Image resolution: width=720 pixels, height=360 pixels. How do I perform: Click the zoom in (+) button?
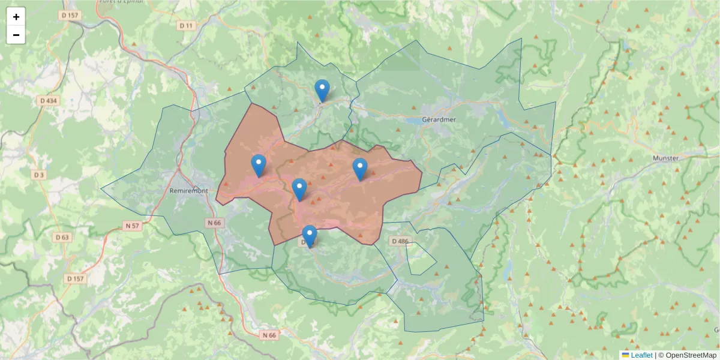16,17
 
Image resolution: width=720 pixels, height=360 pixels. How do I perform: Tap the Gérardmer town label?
439,119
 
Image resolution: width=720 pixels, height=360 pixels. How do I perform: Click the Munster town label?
665,158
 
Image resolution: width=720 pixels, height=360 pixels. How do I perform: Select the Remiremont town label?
189,190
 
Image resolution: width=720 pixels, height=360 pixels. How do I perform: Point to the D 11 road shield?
187,26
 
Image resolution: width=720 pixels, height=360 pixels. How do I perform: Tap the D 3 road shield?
39,175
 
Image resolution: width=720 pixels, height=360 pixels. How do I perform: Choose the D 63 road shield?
61,238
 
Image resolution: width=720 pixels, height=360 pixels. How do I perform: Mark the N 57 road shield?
132,226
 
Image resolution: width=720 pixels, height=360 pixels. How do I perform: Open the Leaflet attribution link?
641,355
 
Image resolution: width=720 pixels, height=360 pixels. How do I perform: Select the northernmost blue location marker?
322,91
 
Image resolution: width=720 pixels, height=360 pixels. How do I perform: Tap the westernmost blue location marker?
259,166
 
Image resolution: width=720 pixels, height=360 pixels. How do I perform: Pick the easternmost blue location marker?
359,169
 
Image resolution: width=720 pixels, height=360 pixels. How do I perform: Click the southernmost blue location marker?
310,236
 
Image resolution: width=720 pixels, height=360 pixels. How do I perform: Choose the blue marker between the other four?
299,190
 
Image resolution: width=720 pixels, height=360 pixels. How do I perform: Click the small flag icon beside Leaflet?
625,355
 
